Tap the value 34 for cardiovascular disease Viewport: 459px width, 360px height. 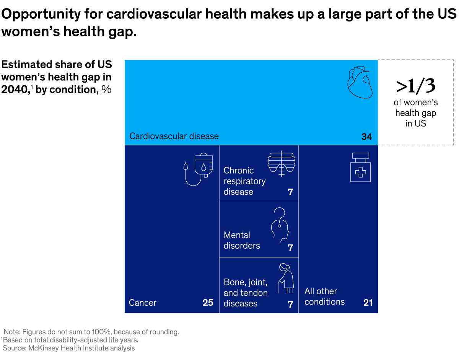click(x=366, y=137)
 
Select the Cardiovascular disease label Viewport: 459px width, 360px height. click(x=174, y=136)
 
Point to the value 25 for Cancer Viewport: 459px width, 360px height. click(x=208, y=303)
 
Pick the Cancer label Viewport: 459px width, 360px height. click(x=143, y=303)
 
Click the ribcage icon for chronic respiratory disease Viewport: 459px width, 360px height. click(x=282, y=164)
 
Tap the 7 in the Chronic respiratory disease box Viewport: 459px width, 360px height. click(x=290, y=192)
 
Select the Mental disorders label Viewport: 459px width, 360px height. click(x=242, y=240)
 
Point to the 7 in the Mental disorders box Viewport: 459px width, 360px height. click(x=290, y=248)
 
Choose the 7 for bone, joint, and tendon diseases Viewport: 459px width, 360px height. click(x=290, y=304)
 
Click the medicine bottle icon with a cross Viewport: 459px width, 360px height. click(x=360, y=167)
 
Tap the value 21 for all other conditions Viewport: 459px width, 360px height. click(x=368, y=303)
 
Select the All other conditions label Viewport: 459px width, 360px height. click(x=324, y=296)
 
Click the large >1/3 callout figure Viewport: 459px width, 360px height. click(x=416, y=86)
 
